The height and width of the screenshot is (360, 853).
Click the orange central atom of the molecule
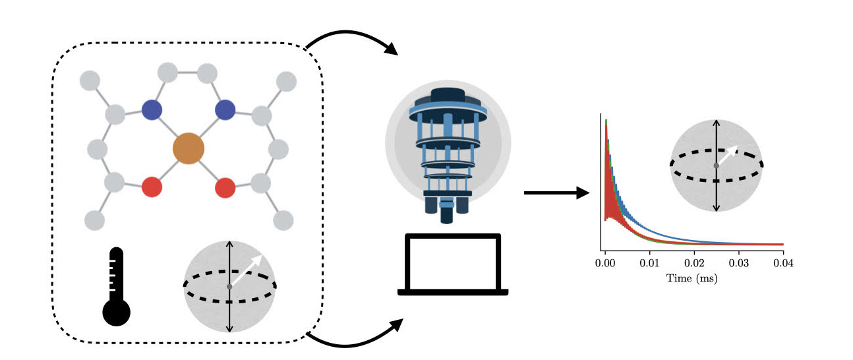click(x=189, y=148)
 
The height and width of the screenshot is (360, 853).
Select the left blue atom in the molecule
click(x=152, y=109)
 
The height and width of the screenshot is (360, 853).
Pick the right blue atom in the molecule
click(x=225, y=109)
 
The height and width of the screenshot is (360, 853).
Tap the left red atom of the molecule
click(x=152, y=187)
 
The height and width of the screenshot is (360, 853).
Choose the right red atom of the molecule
click(x=225, y=188)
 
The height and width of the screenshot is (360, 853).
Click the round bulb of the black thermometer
click(x=117, y=312)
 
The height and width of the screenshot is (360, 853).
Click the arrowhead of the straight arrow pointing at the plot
click(x=583, y=193)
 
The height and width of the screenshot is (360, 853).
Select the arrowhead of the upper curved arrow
click(x=391, y=49)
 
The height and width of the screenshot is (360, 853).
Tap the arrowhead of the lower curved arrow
click(x=396, y=326)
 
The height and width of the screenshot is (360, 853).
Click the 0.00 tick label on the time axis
click(x=605, y=263)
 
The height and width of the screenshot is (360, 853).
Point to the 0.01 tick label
click(x=650, y=263)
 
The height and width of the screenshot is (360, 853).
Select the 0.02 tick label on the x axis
click(x=694, y=263)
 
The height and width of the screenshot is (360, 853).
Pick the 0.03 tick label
click(x=739, y=263)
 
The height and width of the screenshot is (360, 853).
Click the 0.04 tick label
click(x=783, y=263)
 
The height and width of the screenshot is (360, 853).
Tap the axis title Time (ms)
click(x=692, y=278)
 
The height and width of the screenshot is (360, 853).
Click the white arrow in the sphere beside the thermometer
click(x=247, y=270)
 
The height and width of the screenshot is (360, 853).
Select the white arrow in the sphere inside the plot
click(x=727, y=155)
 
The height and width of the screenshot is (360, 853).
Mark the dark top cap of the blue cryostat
click(x=448, y=95)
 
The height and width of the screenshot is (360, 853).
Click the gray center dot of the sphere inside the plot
click(x=717, y=165)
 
